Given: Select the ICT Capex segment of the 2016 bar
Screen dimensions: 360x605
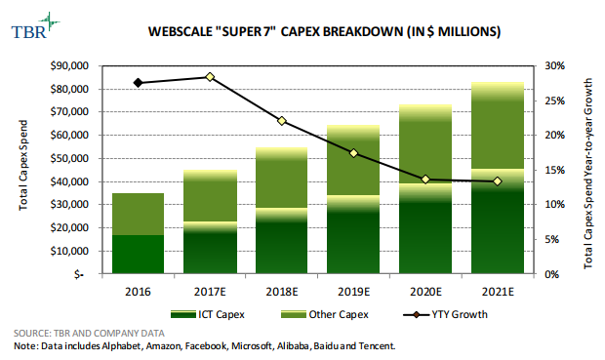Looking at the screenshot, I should click(x=137, y=255).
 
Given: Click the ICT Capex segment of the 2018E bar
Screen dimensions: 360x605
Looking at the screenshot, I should click(x=281, y=244).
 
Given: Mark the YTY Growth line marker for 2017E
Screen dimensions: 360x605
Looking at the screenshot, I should click(x=210, y=77).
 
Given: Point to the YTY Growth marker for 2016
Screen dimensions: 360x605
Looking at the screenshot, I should click(x=138, y=83).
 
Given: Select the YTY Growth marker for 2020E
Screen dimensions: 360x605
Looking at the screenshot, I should click(x=425, y=180).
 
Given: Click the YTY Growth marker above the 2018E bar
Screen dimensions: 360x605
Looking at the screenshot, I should click(x=282, y=121).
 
